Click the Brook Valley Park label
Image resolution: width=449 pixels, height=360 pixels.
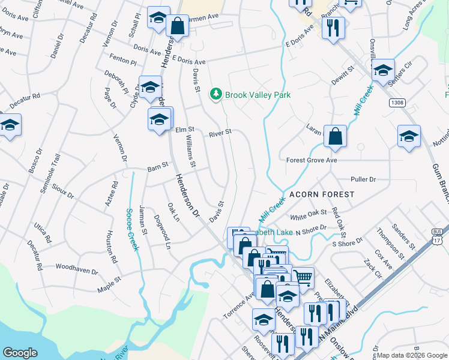coord(258,95)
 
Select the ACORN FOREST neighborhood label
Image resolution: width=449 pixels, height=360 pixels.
coord(322,195)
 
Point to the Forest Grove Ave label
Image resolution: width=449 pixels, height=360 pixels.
coord(312,160)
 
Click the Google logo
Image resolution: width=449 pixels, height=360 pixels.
coord(20,353)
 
